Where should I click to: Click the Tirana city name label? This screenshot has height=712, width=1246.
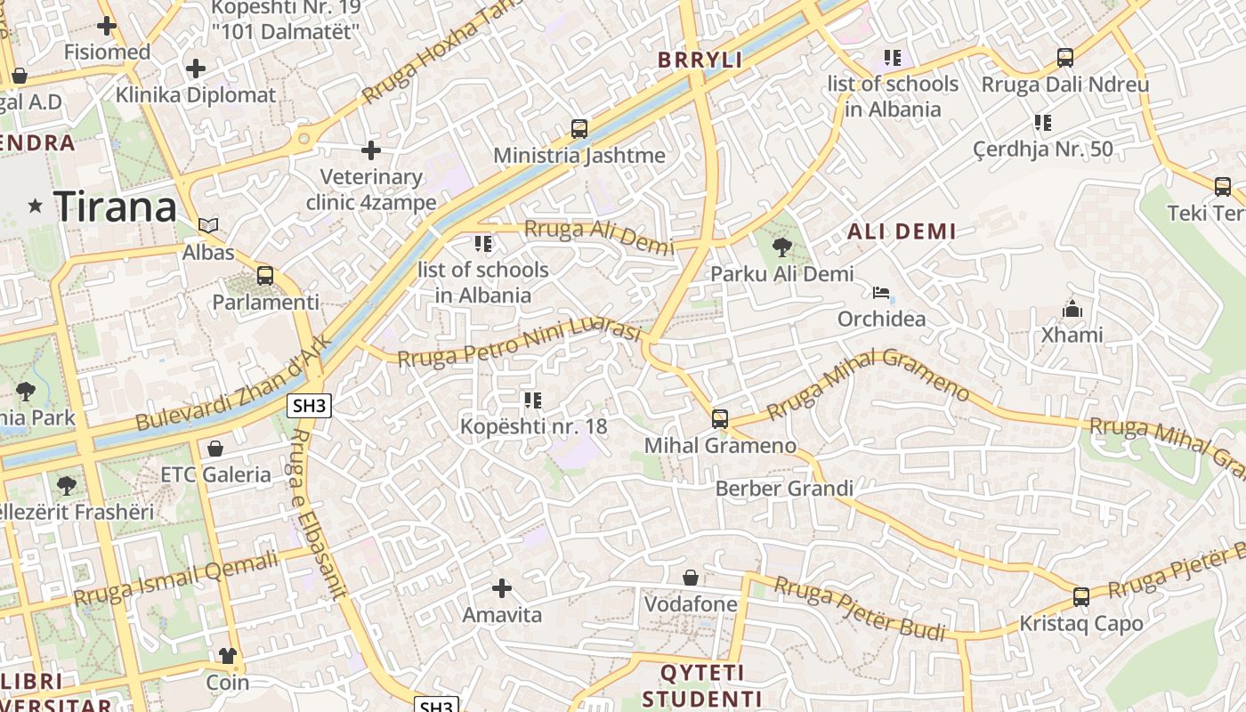116,207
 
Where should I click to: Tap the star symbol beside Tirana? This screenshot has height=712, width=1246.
36,206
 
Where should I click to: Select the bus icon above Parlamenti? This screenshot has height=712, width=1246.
264,276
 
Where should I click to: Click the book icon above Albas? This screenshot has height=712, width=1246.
208,226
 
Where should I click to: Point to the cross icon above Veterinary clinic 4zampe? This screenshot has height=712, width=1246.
371,150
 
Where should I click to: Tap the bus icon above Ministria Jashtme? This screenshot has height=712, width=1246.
579,129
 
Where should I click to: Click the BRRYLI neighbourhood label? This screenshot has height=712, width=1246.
700,60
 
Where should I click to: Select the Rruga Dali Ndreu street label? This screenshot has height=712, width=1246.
1065,85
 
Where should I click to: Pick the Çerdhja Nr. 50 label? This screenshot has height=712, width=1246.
1043,149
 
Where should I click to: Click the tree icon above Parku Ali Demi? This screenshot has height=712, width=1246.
782,247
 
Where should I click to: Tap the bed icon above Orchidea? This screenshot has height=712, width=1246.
881,292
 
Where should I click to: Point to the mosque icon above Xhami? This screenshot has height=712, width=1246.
1072,309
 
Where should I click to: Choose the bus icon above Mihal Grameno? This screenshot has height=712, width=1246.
720,418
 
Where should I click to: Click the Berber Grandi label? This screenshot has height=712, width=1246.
784,488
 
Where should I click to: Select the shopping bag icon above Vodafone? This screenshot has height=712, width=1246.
690,578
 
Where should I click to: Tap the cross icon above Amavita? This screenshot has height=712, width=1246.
502,587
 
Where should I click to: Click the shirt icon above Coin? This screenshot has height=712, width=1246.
228,656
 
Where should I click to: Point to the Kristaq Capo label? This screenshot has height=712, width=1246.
1080,624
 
